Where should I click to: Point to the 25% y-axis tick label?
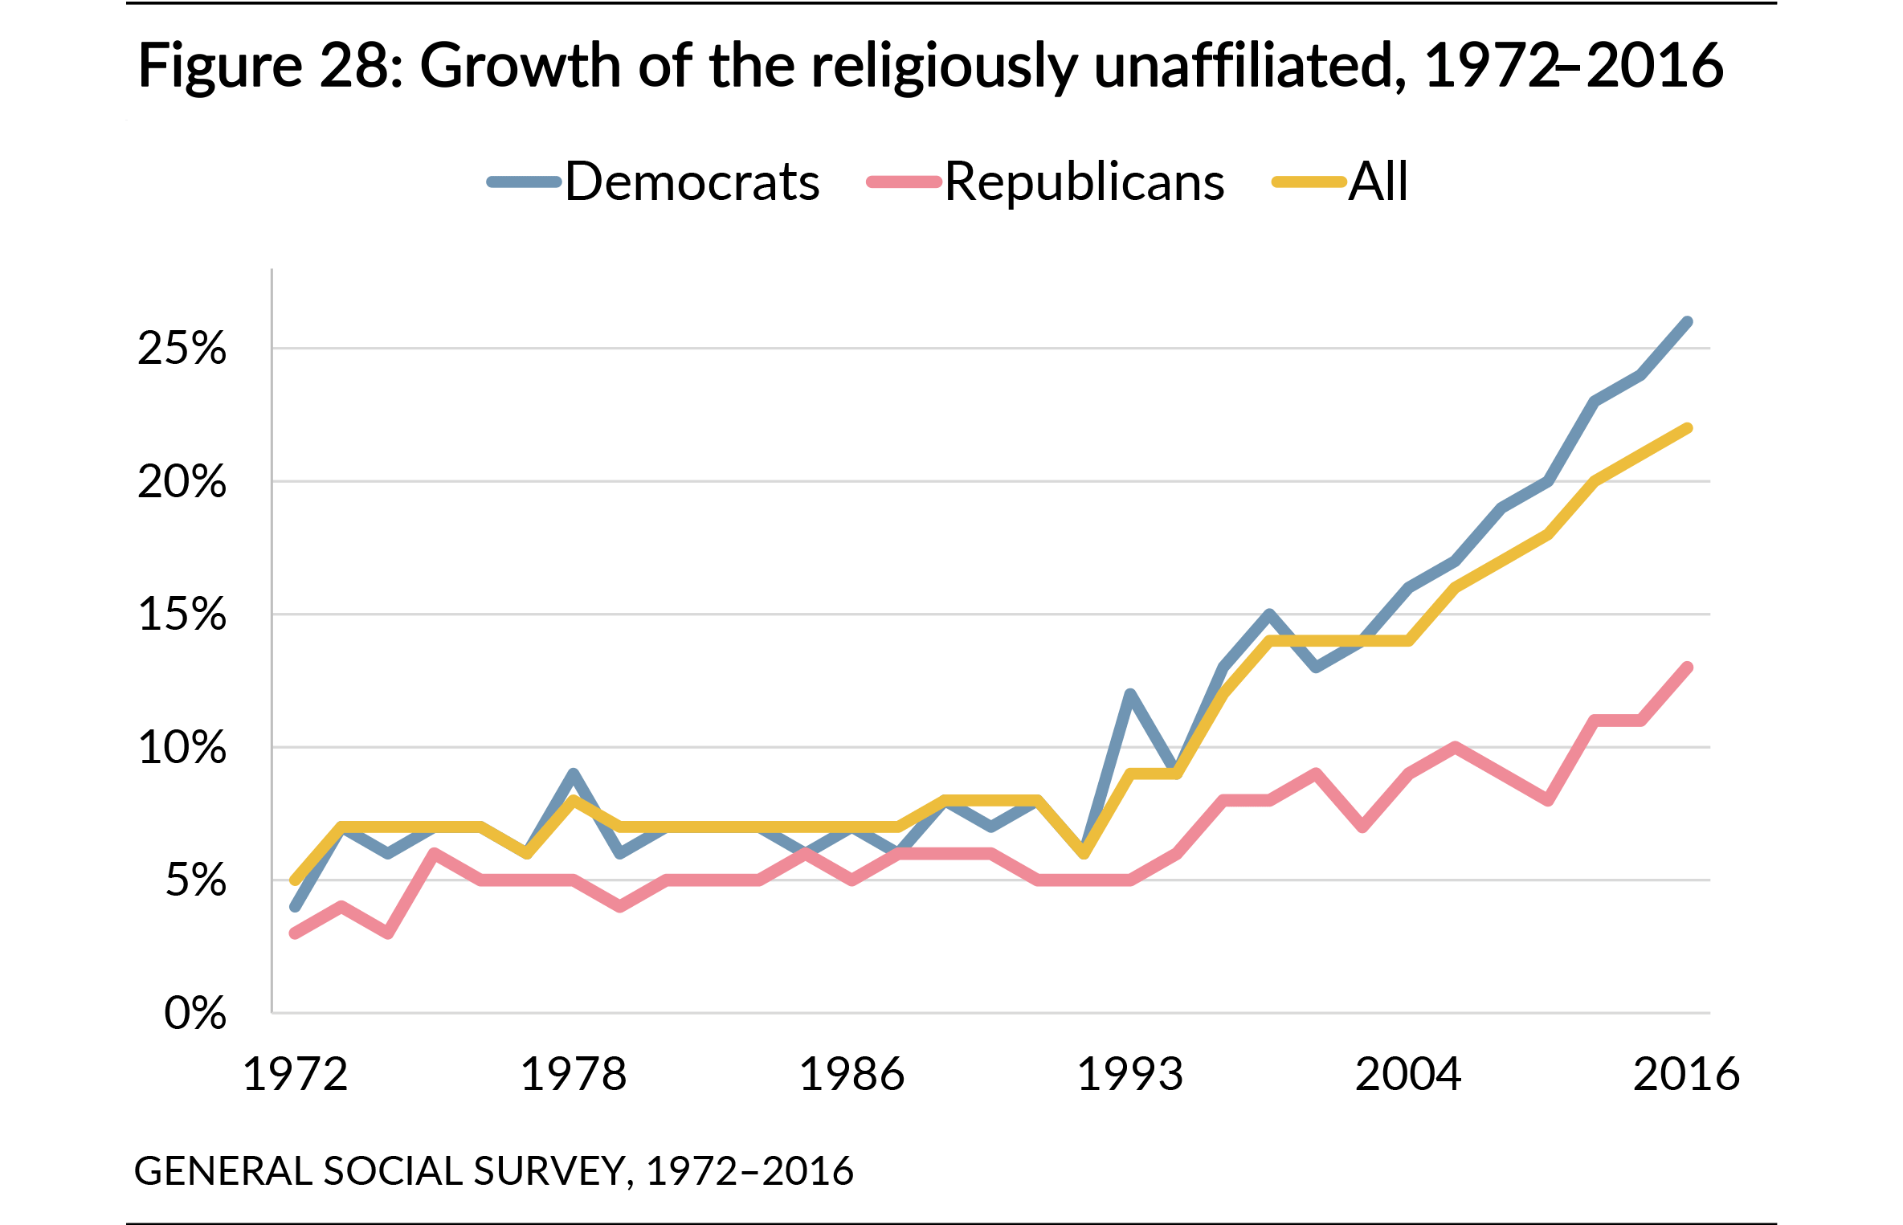tap(182, 349)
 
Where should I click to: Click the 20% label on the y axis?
tap(182, 482)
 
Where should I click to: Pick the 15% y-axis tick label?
tap(182, 615)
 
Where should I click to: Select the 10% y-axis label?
tap(182, 748)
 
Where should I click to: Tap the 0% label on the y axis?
tap(195, 1013)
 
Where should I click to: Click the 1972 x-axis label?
tap(295, 1075)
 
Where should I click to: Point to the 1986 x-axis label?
tap(851, 1075)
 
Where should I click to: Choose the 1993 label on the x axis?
tap(1130, 1075)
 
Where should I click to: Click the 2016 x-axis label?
tap(1686, 1075)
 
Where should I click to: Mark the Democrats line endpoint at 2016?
tap(1687, 322)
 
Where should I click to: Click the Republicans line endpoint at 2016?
tap(1687, 668)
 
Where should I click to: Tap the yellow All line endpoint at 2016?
tap(1687, 429)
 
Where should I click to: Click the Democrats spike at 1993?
tap(1130, 694)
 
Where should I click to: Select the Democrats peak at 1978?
tap(573, 774)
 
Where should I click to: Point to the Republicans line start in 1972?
tap(295, 933)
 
